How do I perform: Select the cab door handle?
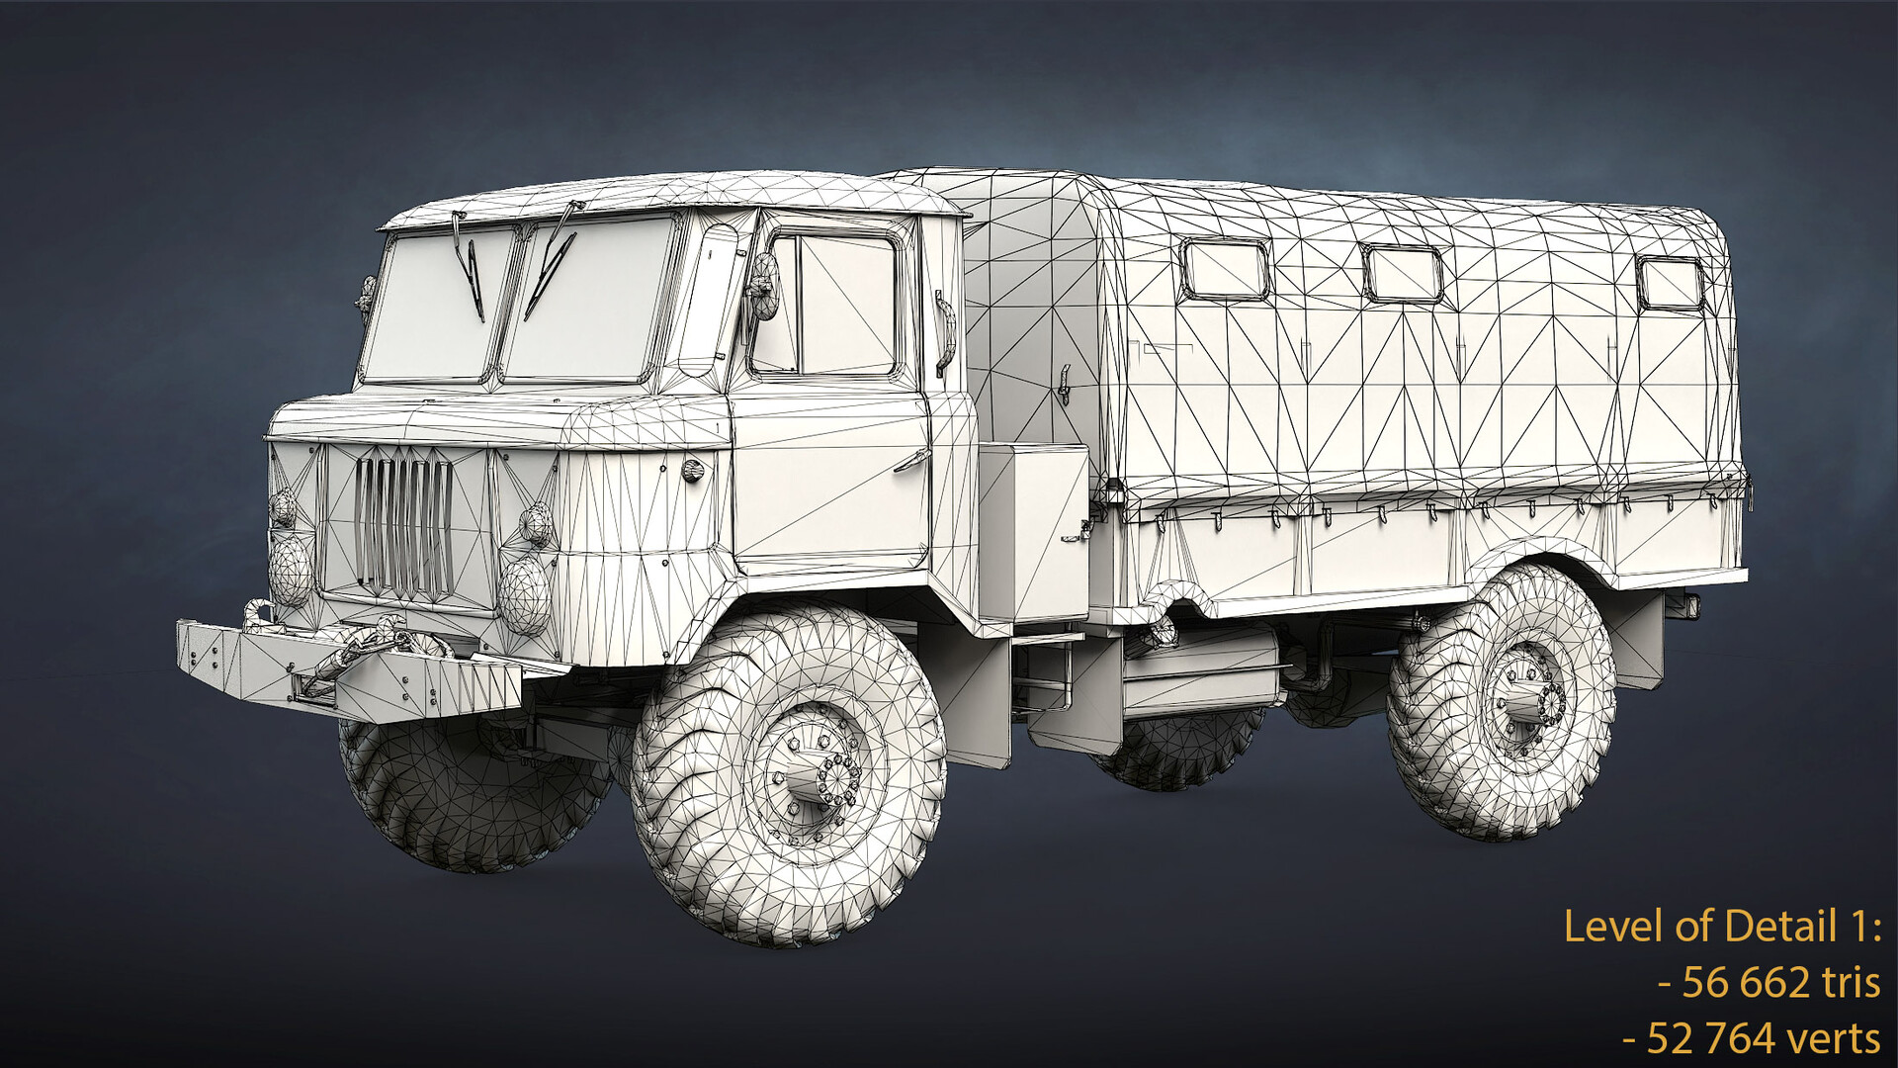point(912,460)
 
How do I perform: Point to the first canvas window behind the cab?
point(1225,270)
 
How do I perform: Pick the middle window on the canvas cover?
point(1403,274)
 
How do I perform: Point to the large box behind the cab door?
point(1034,529)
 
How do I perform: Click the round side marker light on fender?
point(695,468)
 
